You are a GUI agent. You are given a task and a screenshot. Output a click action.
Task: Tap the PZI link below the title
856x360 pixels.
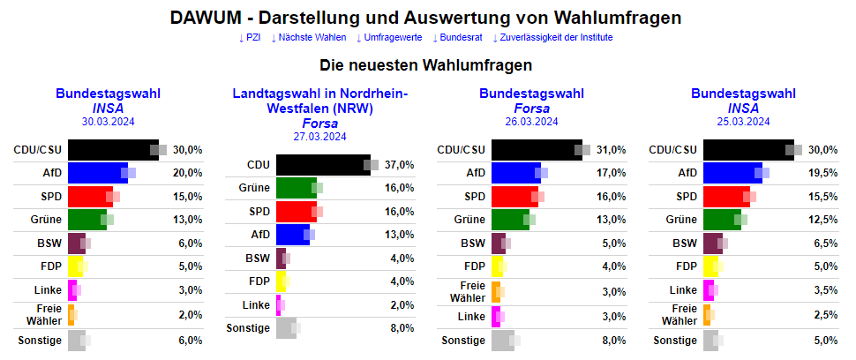tap(250, 37)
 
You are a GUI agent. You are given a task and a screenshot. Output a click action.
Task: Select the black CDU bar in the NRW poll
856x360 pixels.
tap(323, 165)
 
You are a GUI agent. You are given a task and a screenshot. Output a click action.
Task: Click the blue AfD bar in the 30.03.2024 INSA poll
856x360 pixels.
tap(98, 173)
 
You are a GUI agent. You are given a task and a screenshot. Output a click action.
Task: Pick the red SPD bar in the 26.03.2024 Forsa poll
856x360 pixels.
tap(514, 196)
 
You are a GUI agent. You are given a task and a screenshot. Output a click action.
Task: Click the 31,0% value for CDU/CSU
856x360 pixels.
tap(612, 150)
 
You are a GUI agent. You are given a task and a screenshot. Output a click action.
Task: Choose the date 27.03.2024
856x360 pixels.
tap(319, 136)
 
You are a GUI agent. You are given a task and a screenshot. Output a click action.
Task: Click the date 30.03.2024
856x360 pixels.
tap(108, 122)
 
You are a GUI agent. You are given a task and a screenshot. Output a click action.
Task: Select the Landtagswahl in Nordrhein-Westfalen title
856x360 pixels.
tap(319, 101)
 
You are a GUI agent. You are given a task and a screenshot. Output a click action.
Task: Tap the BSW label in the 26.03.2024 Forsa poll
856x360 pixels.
tap(473, 243)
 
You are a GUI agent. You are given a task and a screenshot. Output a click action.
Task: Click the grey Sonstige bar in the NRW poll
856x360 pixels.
tap(286, 328)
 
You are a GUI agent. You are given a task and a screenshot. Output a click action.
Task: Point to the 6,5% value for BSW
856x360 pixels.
tap(823, 243)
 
